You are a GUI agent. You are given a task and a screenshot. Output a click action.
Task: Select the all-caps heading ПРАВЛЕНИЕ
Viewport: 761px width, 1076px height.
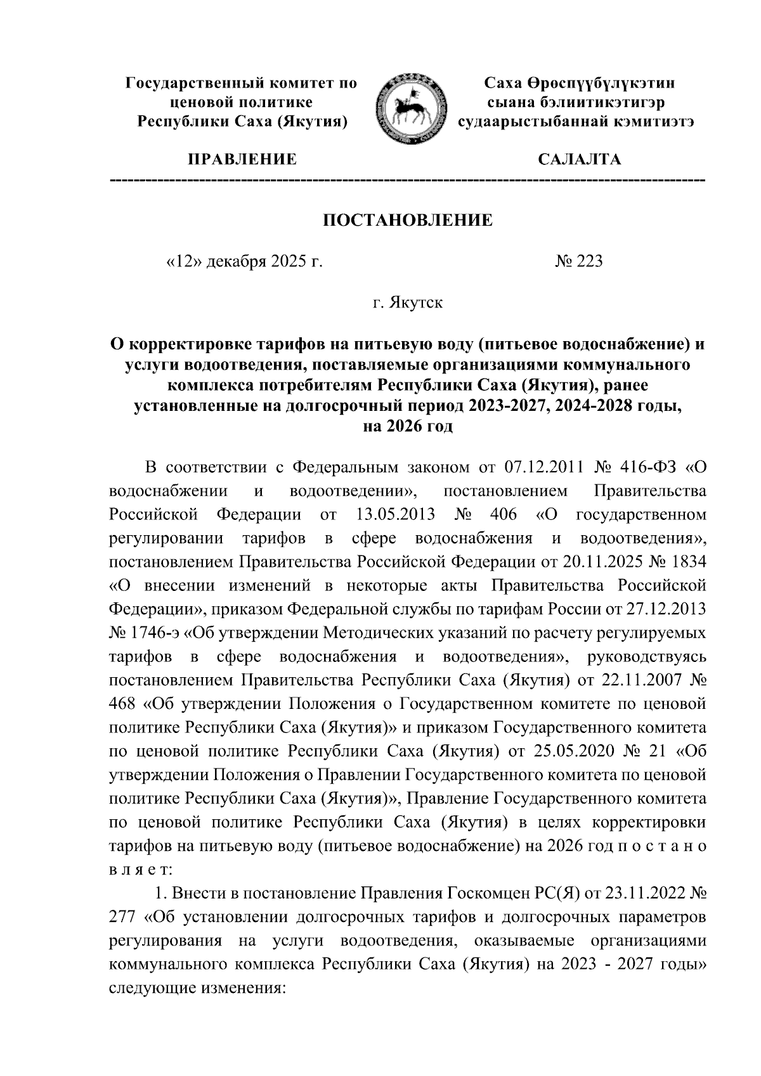pos(240,159)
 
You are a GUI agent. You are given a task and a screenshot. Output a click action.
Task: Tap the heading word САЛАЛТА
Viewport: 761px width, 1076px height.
pos(579,159)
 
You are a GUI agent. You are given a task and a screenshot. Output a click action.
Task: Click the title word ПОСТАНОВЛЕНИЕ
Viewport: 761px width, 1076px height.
pos(408,220)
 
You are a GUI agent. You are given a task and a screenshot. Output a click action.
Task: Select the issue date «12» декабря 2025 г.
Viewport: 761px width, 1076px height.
pos(244,261)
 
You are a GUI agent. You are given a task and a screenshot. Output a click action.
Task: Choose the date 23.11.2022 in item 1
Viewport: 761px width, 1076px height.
pos(638,894)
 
